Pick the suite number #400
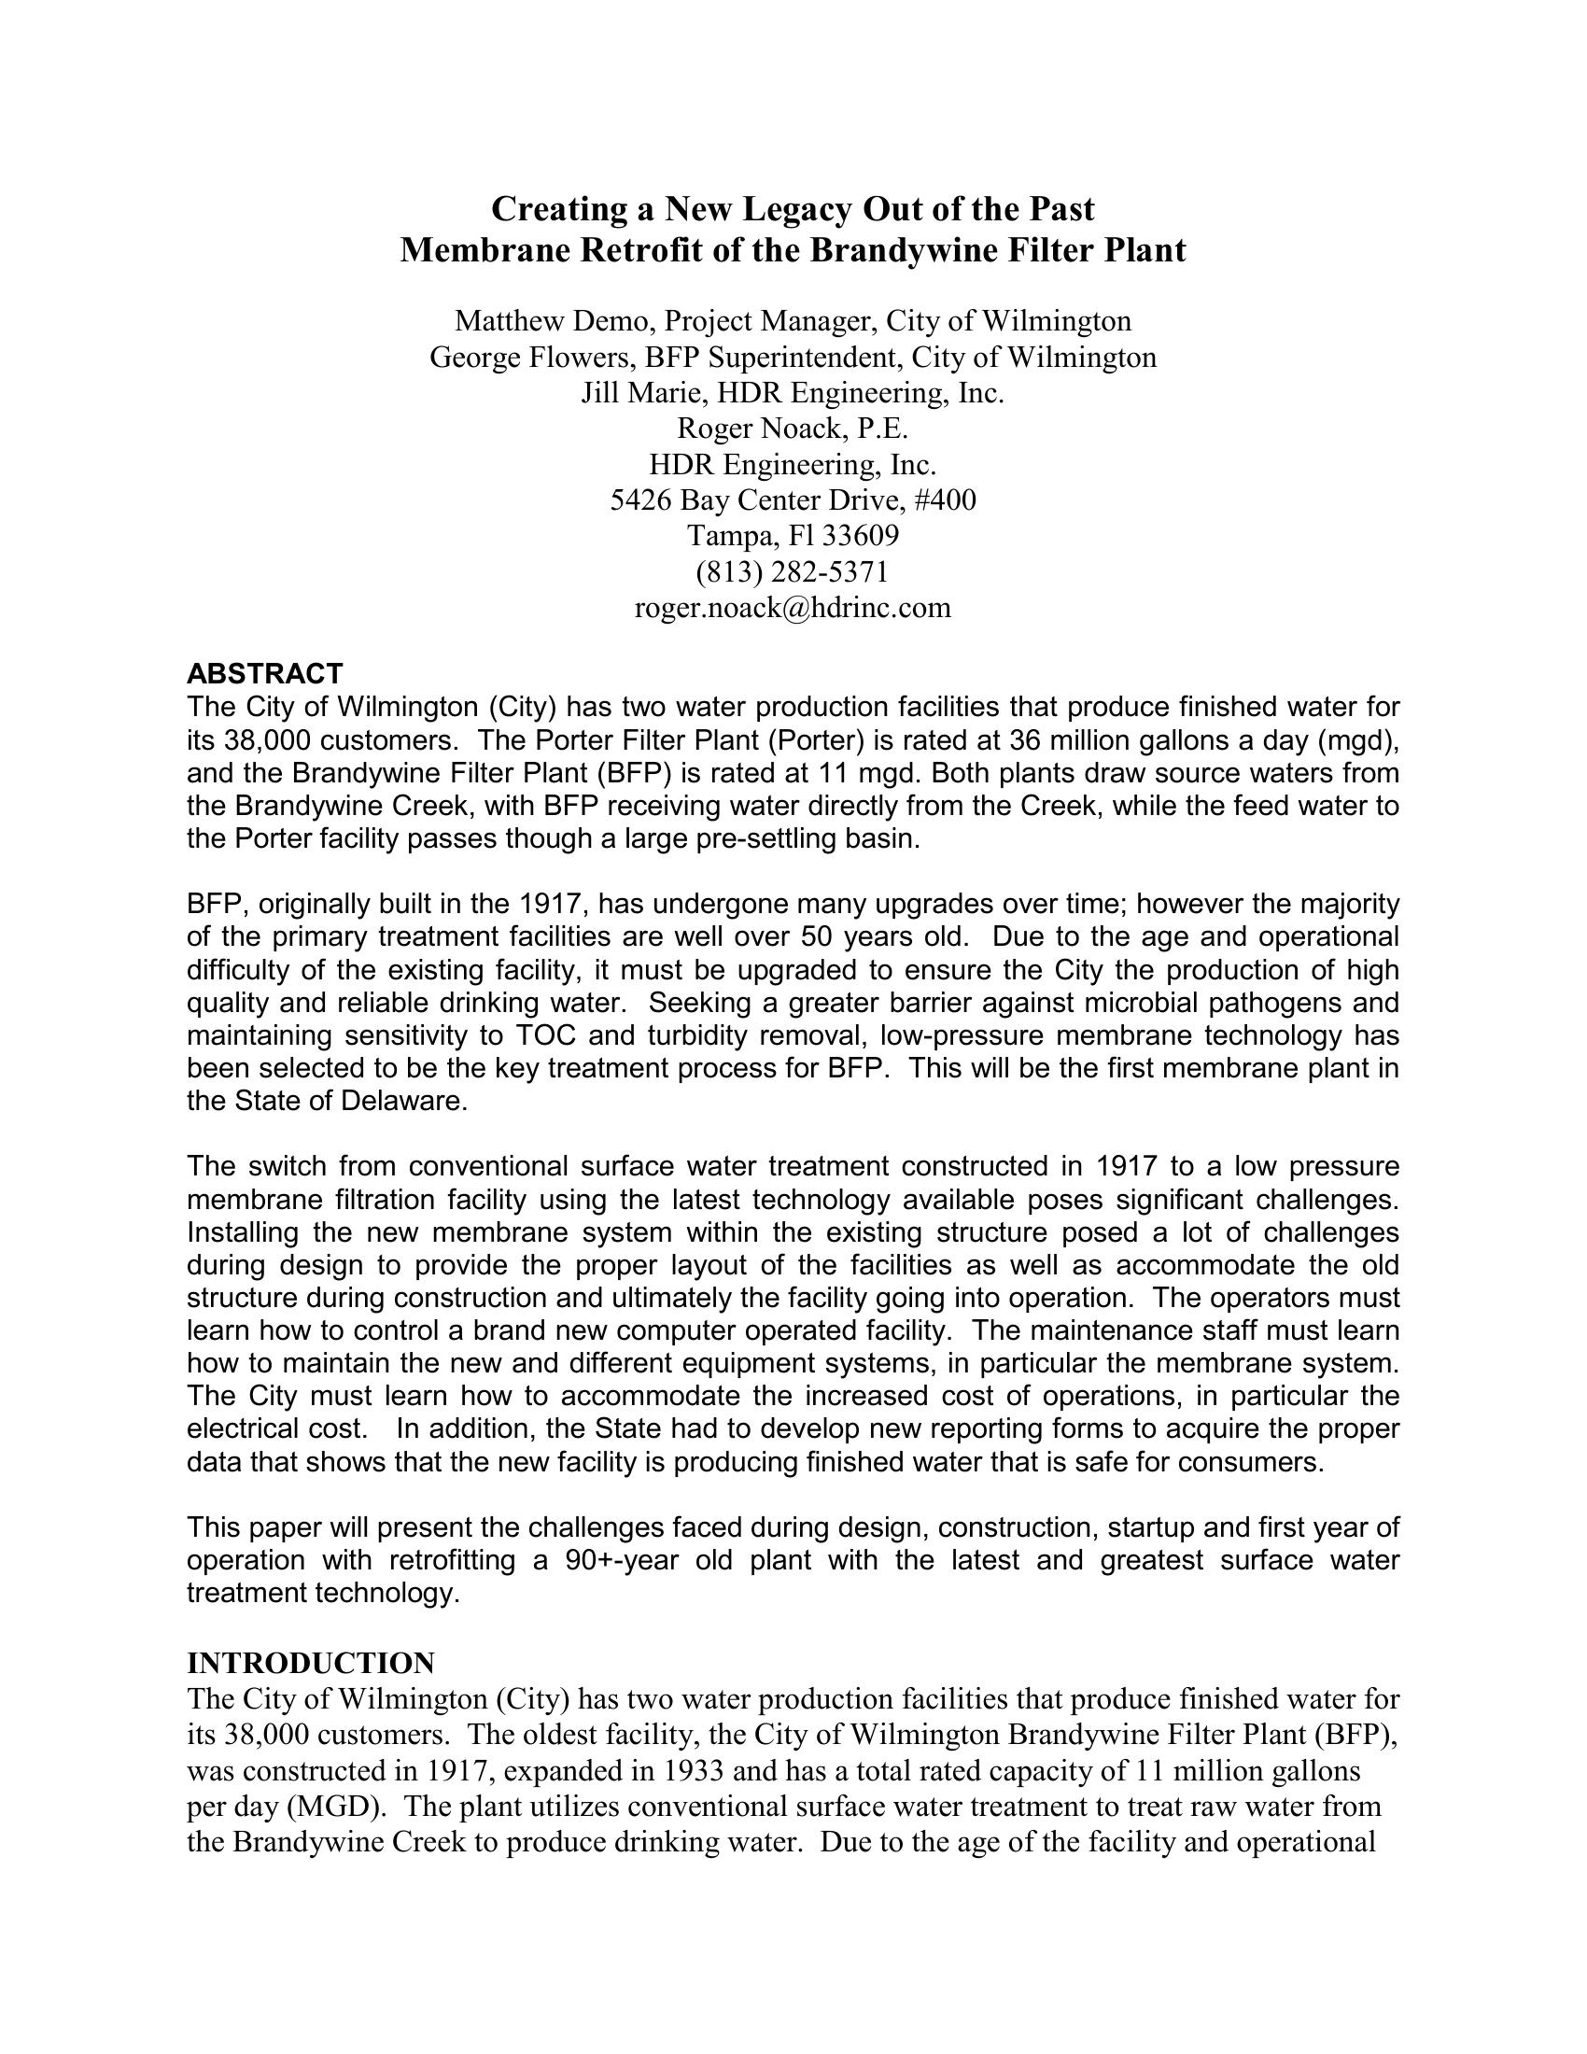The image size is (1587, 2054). pyautogui.click(x=945, y=500)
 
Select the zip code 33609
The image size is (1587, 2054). pyautogui.click(x=861, y=536)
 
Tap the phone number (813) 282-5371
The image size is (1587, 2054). pyautogui.click(x=793, y=571)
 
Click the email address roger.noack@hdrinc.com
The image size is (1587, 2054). pyautogui.click(x=793, y=609)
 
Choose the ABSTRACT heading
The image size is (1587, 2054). pyautogui.click(x=265, y=673)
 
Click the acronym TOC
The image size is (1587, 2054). pyautogui.click(x=541, y=1035)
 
